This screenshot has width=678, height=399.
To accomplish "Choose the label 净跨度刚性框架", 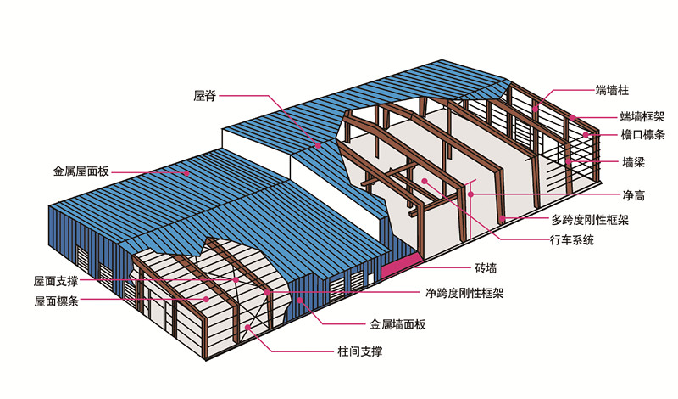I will pos(464,294).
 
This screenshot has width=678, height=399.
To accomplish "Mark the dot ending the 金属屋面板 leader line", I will pos(188,171).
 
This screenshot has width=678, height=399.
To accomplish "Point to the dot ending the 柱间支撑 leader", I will pos(247,327).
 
